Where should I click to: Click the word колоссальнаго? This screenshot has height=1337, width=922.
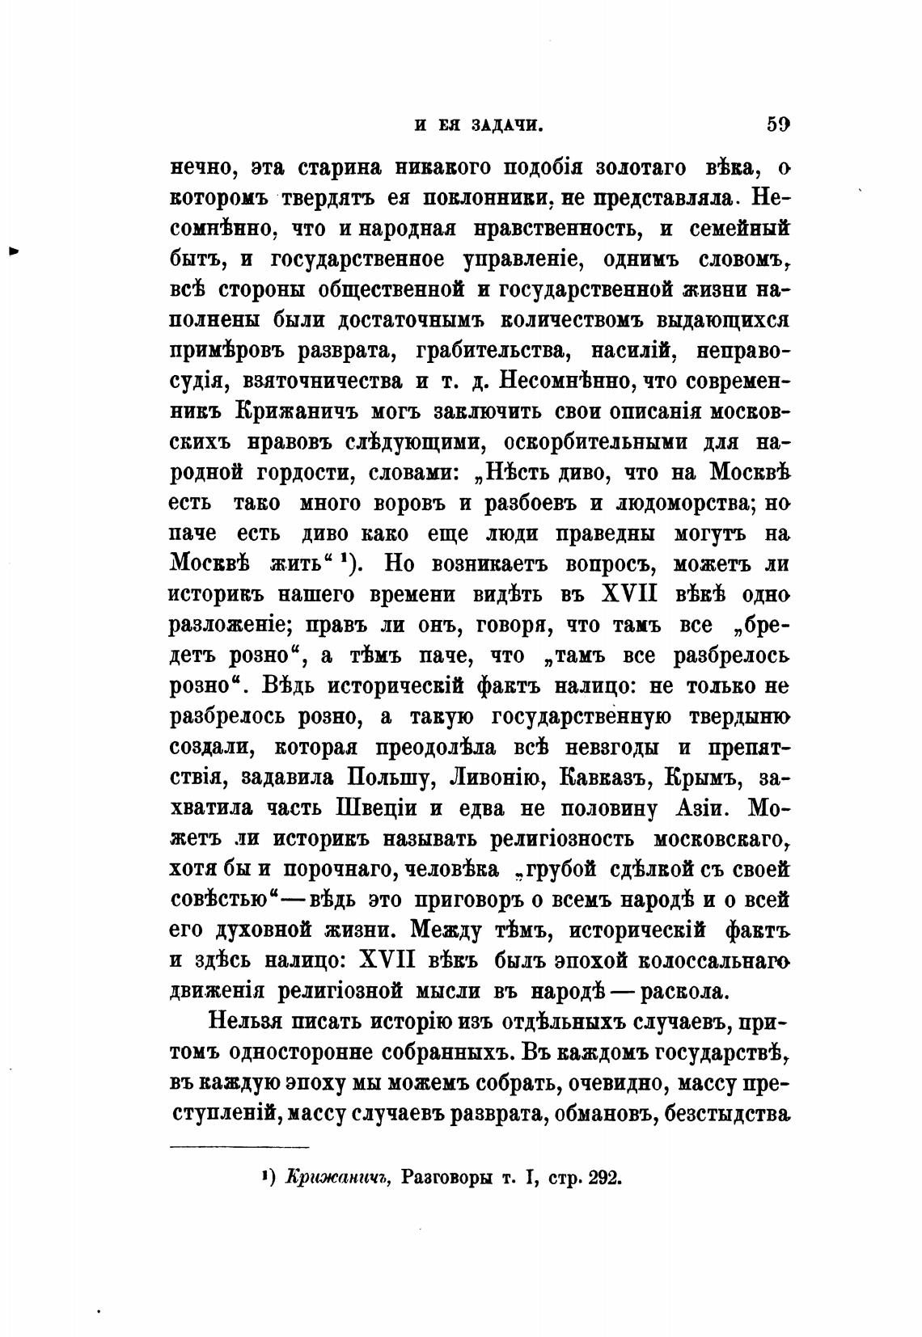715,962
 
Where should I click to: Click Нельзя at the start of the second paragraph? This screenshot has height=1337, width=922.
244,1023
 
